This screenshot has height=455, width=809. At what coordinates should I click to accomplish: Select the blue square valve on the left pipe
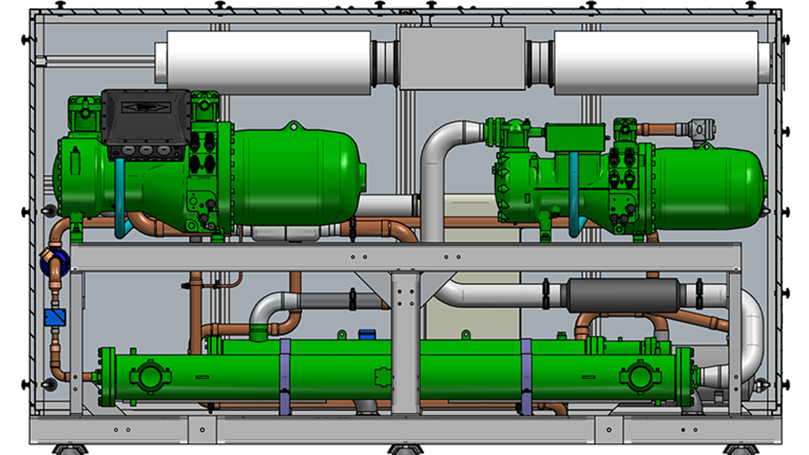point(55,317)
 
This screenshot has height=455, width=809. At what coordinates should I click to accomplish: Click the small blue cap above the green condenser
point(367,334)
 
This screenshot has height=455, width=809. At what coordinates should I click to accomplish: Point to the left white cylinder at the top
point(268,63)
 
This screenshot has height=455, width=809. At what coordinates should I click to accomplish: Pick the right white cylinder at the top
point(656,63)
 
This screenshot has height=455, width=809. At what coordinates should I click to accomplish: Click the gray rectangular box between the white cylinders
point(462,59)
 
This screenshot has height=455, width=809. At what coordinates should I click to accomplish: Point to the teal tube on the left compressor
point(120,197)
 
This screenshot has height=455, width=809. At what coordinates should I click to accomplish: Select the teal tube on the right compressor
point(574,195)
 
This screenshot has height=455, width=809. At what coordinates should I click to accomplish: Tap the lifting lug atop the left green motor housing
point(292,125)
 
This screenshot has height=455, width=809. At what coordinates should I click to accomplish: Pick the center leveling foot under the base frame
point(405,449)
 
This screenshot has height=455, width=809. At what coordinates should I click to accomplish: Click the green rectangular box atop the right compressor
point(575,138)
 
